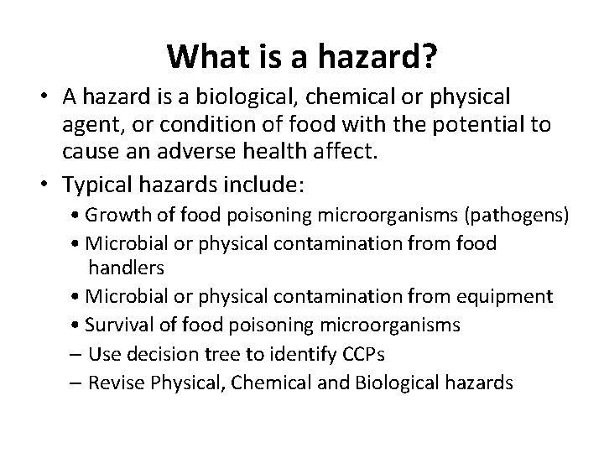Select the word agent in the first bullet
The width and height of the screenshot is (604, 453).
91,126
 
